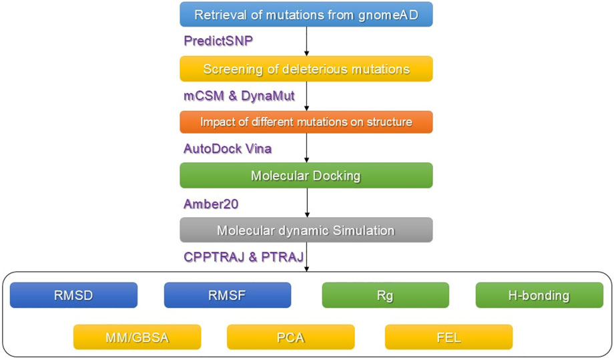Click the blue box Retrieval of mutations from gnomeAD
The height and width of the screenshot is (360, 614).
tap(306, 15)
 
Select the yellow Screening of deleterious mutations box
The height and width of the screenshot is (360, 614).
tap(306, 69)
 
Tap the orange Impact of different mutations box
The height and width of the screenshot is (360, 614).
tap(306, 122)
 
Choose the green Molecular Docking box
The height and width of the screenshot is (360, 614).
tap(306, 176)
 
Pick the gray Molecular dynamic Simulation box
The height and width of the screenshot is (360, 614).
tap(306, 230)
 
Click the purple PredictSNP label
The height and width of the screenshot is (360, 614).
tap(218, 41)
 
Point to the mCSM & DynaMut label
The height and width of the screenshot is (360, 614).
tap(239, 96)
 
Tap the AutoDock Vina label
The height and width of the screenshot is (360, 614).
tap(228, 148)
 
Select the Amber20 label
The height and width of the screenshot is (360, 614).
tap(211, 204)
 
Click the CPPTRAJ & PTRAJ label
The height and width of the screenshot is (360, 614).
tap(244, 256)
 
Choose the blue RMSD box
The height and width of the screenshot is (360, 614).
tap(73, 295)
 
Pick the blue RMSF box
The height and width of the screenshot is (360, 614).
tap(228, 295)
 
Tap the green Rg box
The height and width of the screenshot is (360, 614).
tap(385, 295)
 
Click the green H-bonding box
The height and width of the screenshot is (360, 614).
tap(539, 295)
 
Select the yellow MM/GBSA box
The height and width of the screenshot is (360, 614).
tap(137, 337)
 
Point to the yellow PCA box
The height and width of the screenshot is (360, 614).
tap(290, 337)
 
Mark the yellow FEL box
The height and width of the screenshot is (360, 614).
tap(448, 337)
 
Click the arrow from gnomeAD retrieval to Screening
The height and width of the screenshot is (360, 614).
tap(306, 41)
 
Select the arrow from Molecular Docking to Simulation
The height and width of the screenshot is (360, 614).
tap(306, 202)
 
